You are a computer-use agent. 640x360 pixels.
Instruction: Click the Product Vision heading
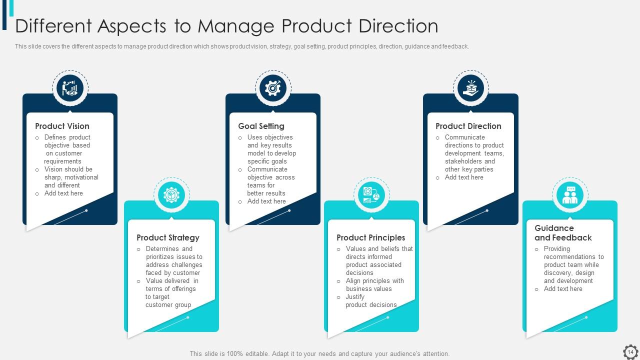coord(62,126)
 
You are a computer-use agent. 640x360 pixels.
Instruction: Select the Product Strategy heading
coord(168,238)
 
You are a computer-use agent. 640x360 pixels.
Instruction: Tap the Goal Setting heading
coord(261,126)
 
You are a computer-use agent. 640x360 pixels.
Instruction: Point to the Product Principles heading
coord(370,238)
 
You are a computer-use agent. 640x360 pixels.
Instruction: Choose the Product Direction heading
coord(468,126)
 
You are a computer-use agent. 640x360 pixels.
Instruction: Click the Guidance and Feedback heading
coord(563,233)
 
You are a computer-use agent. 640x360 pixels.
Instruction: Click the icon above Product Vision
coord(70,88)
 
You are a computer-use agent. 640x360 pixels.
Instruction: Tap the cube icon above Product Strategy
coord(171,195)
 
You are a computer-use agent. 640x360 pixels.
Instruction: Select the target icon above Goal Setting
coord(273,88)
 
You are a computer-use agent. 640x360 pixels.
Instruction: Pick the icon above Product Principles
coord(371,195)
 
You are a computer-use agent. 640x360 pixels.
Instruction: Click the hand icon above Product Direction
coord(470,88)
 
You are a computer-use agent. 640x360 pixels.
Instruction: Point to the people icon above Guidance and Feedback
coord(570,195)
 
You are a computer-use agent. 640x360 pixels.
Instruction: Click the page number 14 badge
coord(630,352)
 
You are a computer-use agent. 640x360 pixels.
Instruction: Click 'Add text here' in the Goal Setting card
coord(266,201)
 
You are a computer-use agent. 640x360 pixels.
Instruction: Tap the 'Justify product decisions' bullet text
coord(371,301)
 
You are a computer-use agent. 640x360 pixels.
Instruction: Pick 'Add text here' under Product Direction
coord(464,177)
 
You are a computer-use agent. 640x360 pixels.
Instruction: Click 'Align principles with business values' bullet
coord(374,285)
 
